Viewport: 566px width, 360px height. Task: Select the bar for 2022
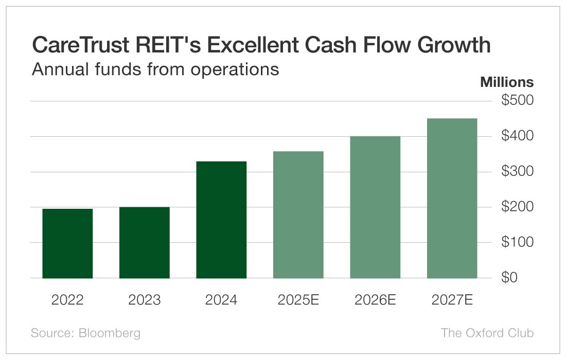pos(67,243)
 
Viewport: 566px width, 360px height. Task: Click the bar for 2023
pos(145,242)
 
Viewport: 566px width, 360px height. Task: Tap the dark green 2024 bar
pos(221,220)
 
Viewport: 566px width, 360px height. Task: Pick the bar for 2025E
pos(298,214)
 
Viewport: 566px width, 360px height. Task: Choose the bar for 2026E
pos(375,207)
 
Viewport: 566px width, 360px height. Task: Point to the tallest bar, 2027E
pos(452,198)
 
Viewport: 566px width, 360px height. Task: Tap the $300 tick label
pos(517,171)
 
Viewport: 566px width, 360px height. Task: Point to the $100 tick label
pos(517,242)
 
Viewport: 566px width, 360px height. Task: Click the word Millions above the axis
pos(507,82)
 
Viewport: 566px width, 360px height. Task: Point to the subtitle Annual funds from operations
pos(155,69)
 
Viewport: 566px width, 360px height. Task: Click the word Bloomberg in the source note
pos(109,333)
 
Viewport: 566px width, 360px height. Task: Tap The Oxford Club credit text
pos(487,333)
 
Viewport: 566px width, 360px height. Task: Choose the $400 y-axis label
pos(517,136)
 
